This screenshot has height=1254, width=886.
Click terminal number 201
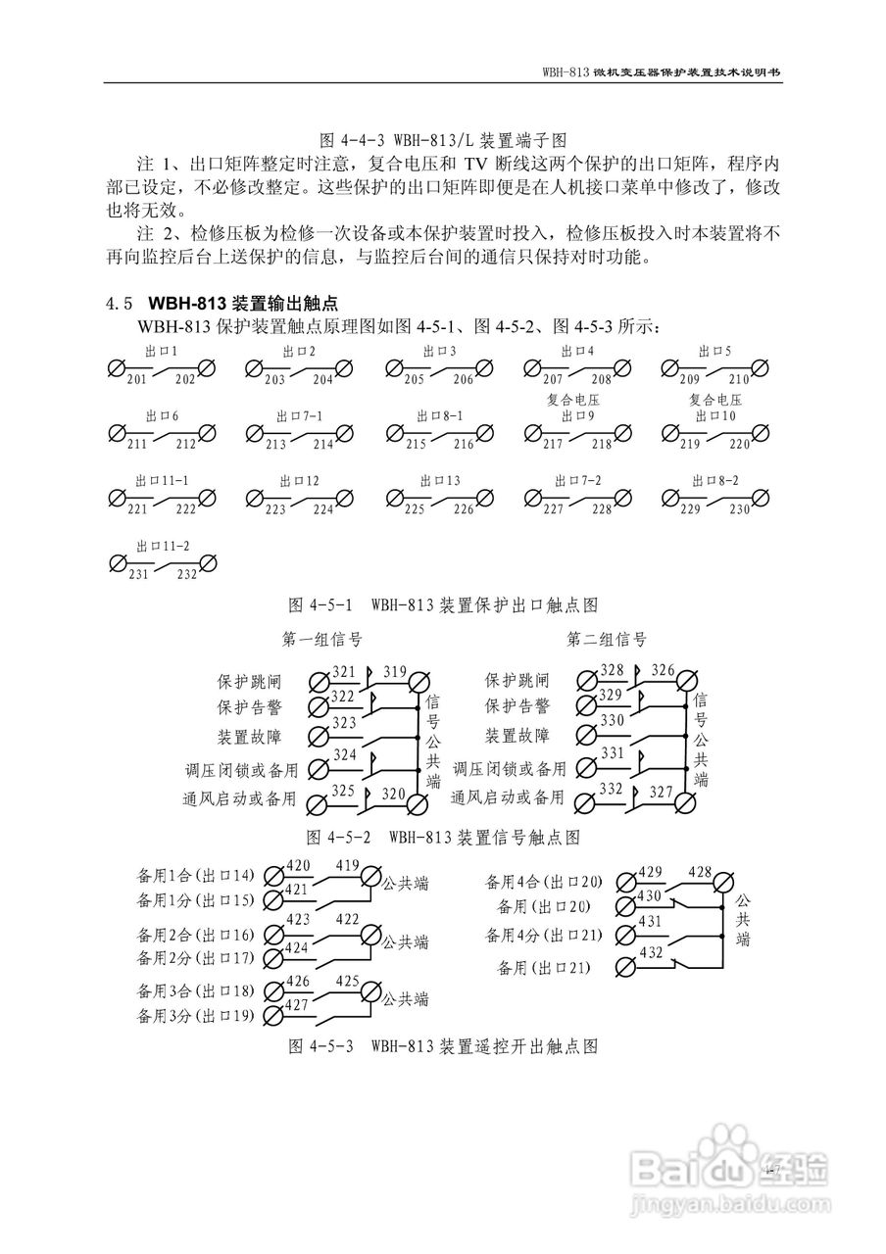click(x=135, y=379)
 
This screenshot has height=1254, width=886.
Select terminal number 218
click(x=601, y=444)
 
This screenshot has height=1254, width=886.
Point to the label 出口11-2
click(x=163, y=545)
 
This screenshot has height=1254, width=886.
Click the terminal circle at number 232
click(x=207, y=563)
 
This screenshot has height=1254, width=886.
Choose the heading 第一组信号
click(x=322, y=640)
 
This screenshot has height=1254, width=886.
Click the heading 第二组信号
click(x=607, y=640)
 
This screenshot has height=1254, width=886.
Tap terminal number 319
click(x=395, y=672)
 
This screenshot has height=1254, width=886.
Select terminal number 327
click(x=663, y=793)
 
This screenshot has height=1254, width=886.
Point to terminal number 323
click(x=343, y=722)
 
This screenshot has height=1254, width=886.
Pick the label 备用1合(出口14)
click(x=196, y=874)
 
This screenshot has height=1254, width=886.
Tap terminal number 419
click(x=348, y=865)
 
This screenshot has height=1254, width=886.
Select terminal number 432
click(x=651, y=952)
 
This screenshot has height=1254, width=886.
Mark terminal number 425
click(x=348, y=981)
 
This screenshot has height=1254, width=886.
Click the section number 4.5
click(x=119, y=303)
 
